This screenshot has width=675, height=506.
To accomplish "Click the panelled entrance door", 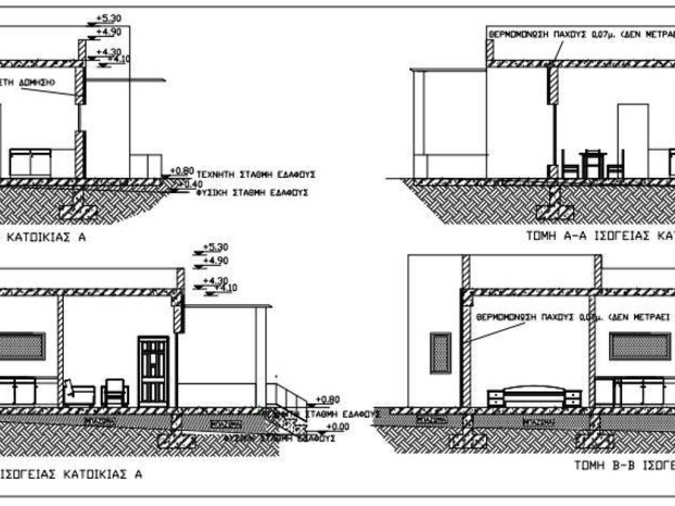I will [152, 370].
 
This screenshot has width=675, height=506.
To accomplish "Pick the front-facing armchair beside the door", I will [115, 393].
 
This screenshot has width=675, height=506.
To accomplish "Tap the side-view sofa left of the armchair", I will [78, 393].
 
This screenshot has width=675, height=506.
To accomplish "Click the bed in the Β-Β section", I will [534, 397].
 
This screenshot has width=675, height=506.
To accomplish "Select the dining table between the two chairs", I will [593, 163].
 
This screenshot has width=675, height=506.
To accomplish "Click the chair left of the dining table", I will [570, 165].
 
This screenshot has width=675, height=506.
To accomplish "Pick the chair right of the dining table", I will [616, 165].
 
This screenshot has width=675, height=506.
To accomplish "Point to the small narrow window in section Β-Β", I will [440, 353].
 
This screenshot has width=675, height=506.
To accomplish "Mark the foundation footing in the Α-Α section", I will [554, 211].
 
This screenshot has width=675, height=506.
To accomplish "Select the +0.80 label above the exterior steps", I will [327, 399].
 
